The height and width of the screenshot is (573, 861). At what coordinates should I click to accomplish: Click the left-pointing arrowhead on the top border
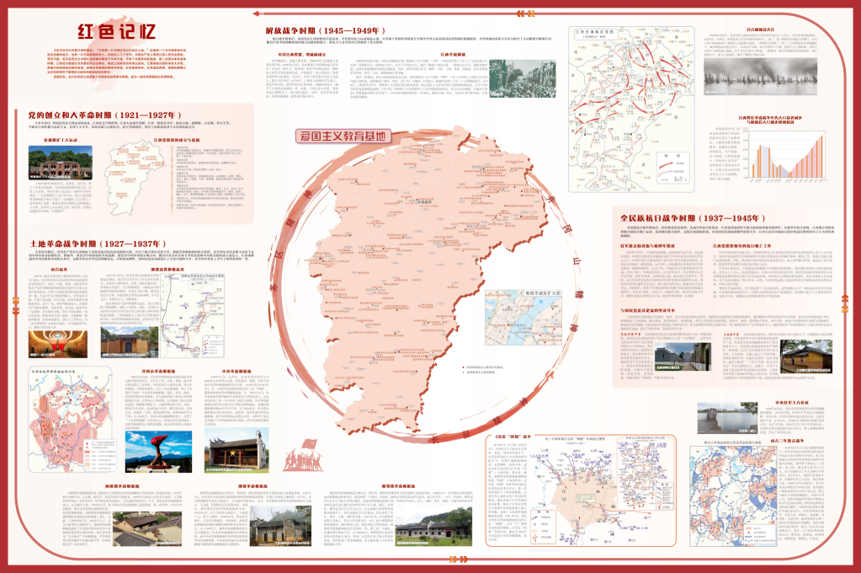coord(256,12)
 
